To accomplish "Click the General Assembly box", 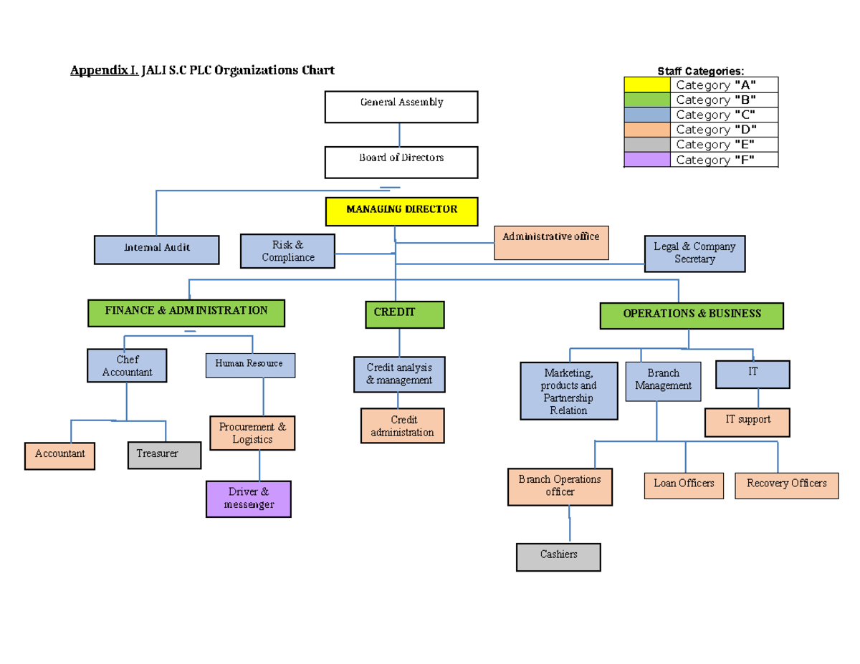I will [401, 107].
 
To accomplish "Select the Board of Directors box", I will [401, 163].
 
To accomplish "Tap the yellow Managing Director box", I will [401, 211].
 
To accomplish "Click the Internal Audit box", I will [157, 249].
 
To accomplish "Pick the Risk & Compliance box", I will [287, 251].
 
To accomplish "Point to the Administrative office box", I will [551, 243].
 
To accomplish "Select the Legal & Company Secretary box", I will [694, 254].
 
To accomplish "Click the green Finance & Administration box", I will [186, 313].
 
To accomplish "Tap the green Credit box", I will [404, 314].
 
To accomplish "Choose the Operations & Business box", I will [692, 315].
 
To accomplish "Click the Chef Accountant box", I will [127, 366].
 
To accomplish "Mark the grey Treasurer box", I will [164, 456].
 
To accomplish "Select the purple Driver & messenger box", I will [249, 499].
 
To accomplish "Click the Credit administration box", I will [402, 426].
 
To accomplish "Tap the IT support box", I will [747, 422].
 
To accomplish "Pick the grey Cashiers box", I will [558, 557].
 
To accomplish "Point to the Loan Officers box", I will [684, 485].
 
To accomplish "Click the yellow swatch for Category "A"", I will [647, 85].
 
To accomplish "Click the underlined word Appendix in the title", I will [101, 70].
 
